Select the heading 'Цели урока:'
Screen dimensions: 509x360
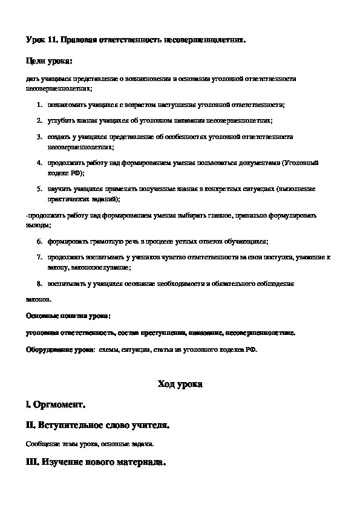pyautogui.click(x=49, y=61)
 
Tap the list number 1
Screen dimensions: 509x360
pyautogui.click(x=39, y=105)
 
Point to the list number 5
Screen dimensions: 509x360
pyautogui.click(x=39, y=189)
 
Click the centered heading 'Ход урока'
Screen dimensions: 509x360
pyautogui.click(x=180, y=384)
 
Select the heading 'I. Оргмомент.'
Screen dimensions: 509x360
pyautogui.click(x=56, y=404)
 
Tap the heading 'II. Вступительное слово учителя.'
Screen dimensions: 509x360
pyautogui.click(x=98, y=425)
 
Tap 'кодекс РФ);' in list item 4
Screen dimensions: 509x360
pyautogui.click(x=65, y=172)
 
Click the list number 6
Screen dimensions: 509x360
pyautogui.click(x=39, y=241)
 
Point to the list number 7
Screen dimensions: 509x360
pyautogui.click(x=39, y=257)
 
